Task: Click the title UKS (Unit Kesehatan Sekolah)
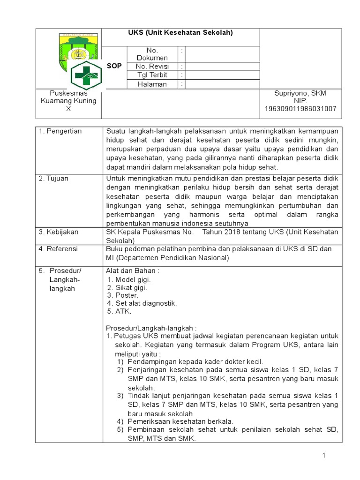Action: click(x=180, y=33)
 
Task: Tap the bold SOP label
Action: click(x=114, y=67)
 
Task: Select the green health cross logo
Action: click(x=85, y=75)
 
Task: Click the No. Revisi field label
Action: click(x=152, y=67)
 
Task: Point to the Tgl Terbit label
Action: click(x=152, y=75)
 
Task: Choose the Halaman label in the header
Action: click(x=152, y=84)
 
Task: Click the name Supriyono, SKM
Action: click(x=300, y=93)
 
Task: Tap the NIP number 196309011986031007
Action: click(x=300, y=109)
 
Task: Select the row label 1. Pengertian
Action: click(x=60, y=131)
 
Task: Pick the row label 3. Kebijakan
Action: click(x=59, y=232)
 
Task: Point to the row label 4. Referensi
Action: click(x=59, y=249)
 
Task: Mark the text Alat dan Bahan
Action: click(x=133, y=271)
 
